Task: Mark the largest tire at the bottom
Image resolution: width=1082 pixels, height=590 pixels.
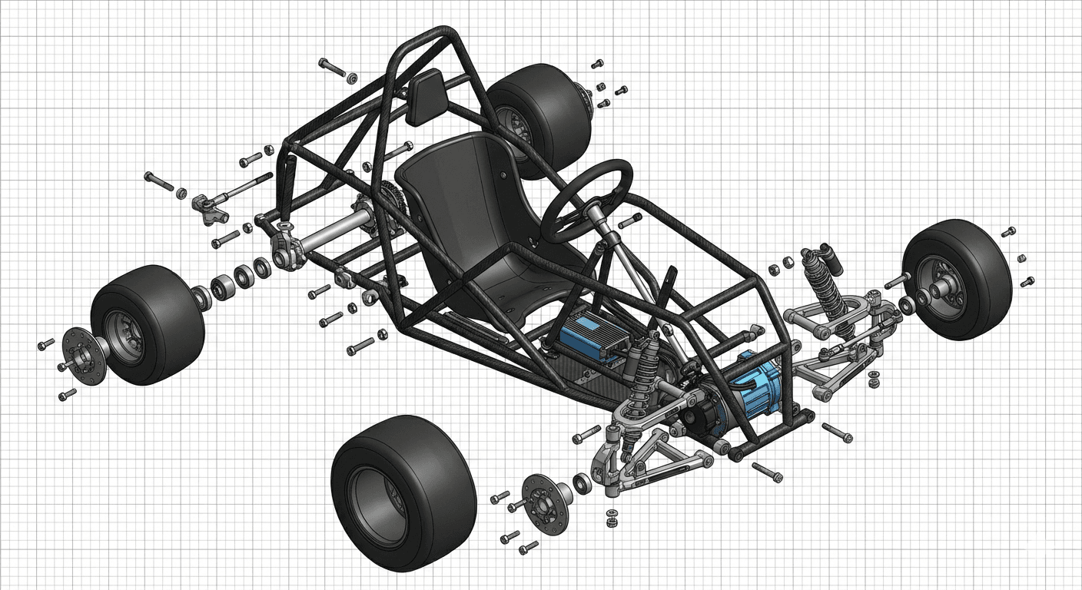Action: [403, 492]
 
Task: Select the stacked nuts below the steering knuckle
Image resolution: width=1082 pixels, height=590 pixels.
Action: [612, 518]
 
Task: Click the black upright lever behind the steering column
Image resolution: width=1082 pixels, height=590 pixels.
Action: [669, 287]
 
